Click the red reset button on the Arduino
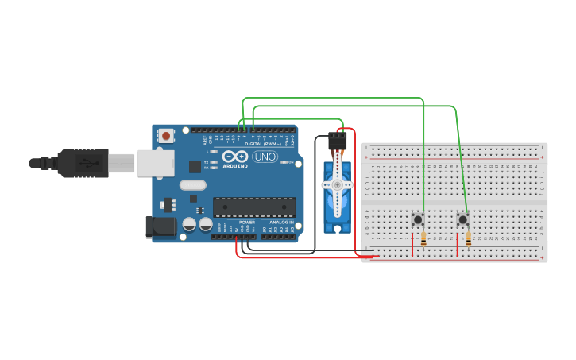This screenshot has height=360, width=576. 165,136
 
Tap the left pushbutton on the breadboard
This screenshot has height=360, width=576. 417,219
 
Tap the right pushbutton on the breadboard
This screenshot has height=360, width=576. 463,219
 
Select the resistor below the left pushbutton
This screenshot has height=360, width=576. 423,238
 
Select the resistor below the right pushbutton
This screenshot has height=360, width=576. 469,238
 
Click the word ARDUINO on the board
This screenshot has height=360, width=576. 236,166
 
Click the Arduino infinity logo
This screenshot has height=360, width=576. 236,157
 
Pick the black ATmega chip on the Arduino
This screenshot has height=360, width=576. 253,207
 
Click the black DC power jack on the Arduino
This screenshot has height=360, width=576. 161,226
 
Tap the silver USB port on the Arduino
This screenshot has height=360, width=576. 155,163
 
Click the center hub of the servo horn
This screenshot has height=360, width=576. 337,184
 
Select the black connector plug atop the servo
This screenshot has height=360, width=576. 337,140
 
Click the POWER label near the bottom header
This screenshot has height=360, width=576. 247,222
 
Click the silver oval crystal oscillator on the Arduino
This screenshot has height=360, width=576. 193,185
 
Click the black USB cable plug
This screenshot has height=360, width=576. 79,163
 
